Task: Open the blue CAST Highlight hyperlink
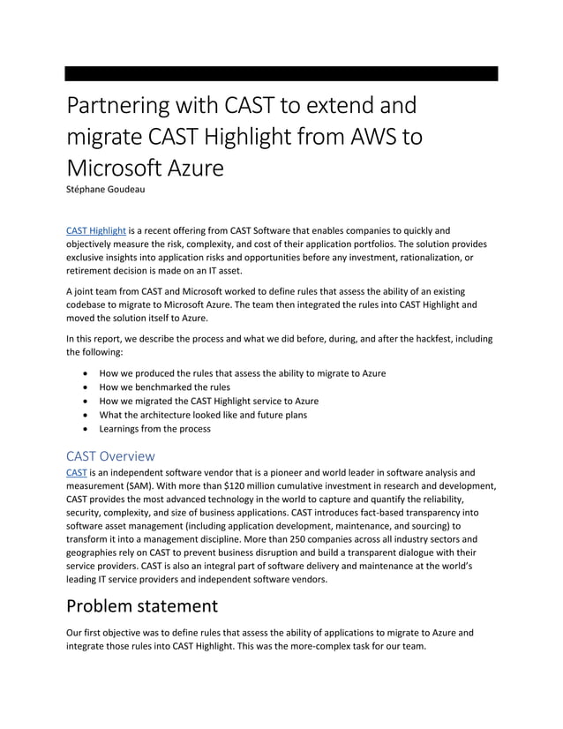pyautogui.click(x=96, y=229)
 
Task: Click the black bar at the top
pyautogui.click(x=281, y=73)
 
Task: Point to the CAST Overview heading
pyautogui.click(x=110, y=455)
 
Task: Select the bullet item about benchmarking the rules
pyautogui.click(x=164, y=387)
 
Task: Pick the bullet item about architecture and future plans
pyautogui.click(x=203, y=415)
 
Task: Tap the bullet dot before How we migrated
pyautogui.click(x=84, y=402)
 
